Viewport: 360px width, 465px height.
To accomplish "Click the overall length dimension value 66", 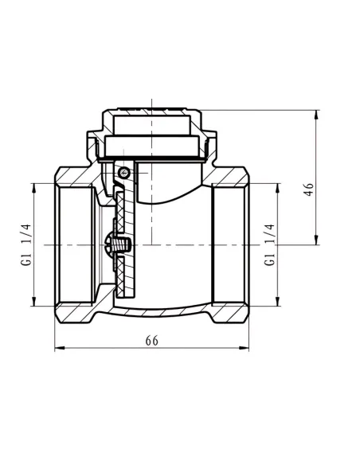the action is pyautogui.click(x=152, y=341).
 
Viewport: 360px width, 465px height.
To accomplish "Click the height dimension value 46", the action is pyautogui.click(x=309, y=190).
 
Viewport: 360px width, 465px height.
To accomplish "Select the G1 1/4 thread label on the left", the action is pyautogui.click(x=25, y=244).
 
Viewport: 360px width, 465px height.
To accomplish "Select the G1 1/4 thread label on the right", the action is pyautogui.click(x=269, y=244).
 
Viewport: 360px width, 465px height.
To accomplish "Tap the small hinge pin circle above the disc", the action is pyautogui.click(x=123, y=172).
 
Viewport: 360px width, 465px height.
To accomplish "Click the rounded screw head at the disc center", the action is pyautogui.click(x=108, y=245).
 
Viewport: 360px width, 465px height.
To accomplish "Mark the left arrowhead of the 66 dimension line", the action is pyautogui.click(x=59, y=348).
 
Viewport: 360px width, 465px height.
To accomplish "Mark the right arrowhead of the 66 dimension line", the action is pyautogui.click(x=244, y=348).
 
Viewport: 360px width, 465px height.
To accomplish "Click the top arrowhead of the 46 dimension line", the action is pyautogui.click(x=316, y=115).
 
